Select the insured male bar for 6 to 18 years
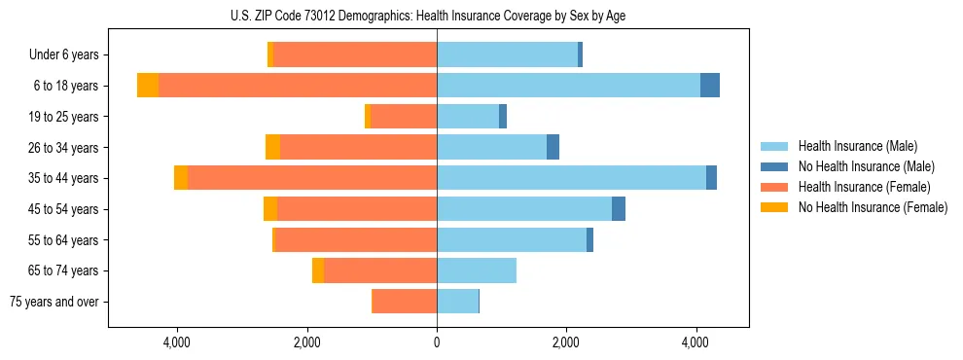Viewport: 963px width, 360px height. pyautogui.click(x=568, y=86)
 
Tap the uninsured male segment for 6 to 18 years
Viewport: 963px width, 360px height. pyautogui.click(x=709, y=86)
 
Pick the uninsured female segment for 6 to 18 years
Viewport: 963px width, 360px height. pyautogui.click(x=148, y=86)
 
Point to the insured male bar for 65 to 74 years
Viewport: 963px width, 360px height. pyautogui.click(x=476, y=270)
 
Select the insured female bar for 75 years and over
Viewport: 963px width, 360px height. pyautogui.click(x=404, y=302)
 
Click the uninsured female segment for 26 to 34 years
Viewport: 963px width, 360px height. pyautogui.click(x=272, y=147)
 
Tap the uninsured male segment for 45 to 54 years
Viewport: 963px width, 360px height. pyautogui.click(x=619, y=209)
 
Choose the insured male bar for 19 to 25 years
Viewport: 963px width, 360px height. pyautogui.click(x=468, y=117)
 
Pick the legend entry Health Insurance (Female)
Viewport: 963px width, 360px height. pyautogui.click(x=864, y=187)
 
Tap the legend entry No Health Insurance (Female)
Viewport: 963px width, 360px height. pyautogui.click(x=873, y=207)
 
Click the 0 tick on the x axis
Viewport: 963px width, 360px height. pyautogui.click(x=437, y=342)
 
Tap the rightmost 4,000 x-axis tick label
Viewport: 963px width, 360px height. pyautogui.click(x=695, y=342)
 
